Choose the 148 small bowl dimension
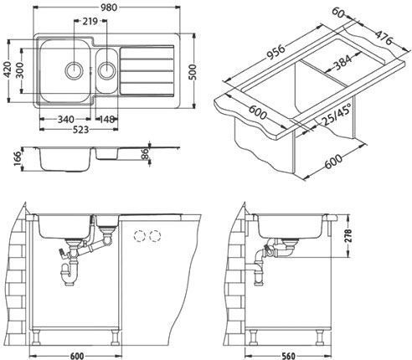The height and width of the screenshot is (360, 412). pyautogui.click(x=106, y=118)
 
